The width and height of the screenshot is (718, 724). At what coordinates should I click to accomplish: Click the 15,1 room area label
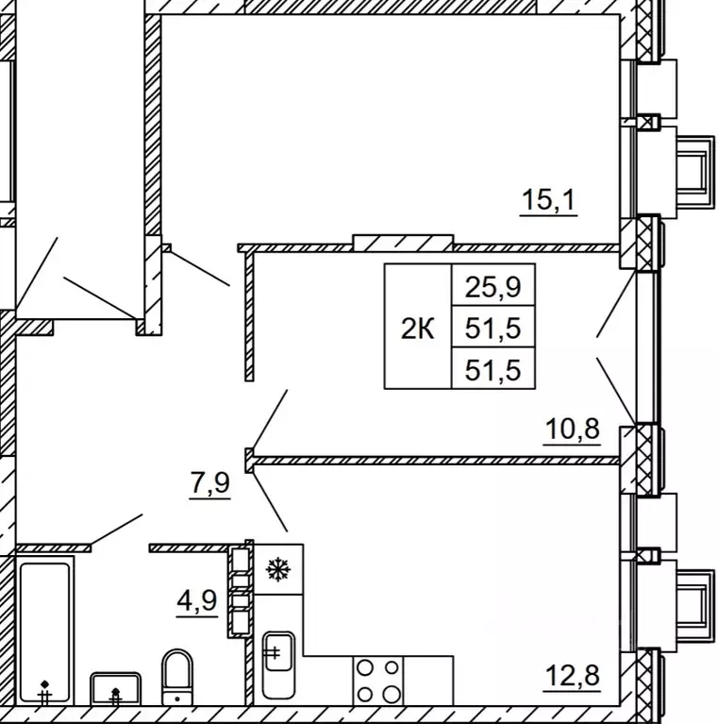(549, 201)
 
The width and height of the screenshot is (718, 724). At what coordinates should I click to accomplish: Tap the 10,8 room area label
(572, 429)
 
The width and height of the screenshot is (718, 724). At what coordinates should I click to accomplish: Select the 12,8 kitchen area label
(572, 676)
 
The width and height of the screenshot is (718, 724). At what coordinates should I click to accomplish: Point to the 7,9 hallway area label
(210, 483)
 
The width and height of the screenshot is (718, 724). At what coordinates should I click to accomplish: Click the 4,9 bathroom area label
(197, 601)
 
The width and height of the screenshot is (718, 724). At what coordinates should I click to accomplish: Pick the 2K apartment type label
(417, 329)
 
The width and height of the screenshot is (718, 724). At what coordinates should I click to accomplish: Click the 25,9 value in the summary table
(493, 287)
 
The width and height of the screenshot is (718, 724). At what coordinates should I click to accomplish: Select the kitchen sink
(278, 665)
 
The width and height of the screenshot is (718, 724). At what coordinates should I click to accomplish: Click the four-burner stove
(378, 681)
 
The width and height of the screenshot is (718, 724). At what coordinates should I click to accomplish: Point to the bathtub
(44, 631)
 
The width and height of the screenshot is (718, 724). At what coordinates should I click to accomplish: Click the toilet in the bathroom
(177, 678)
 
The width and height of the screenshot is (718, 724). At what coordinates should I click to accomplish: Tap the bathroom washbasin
(115, 688)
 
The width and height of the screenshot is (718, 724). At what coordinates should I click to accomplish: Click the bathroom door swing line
(116, 530)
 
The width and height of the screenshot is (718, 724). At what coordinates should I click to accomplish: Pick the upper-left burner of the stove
(365, 668)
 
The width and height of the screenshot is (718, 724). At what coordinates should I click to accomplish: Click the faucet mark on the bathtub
(44, 693)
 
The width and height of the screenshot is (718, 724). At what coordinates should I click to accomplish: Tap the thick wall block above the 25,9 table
(403, 243)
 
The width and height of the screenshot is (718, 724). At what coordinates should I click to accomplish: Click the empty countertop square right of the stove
(428, 681)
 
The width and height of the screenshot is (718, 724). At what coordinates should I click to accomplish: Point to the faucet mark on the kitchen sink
(273, 652)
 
